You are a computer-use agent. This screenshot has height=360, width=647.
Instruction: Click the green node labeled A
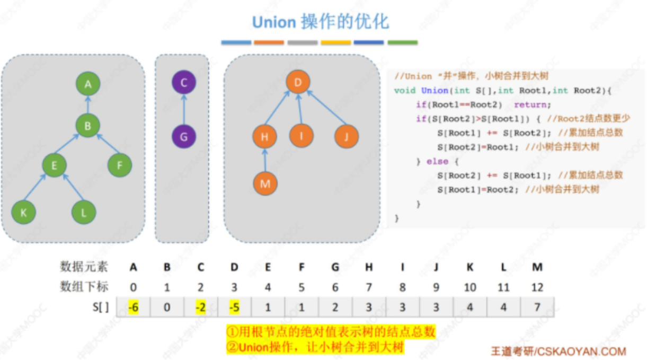click(x=88, y=84)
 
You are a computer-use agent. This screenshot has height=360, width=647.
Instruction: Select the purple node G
click(x=184, y=137)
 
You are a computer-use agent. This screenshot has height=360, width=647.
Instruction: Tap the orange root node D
click(x=298, y=82)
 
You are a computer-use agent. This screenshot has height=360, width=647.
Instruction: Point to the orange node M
click(x=265, y=183)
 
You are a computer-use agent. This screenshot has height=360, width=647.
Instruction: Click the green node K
click(x=24, y=213)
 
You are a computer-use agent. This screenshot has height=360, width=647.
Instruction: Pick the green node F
click(x=120, y=165)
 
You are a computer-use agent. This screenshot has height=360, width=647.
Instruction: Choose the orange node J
click(x=347, y=137)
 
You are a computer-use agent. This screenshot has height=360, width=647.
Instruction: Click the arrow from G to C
click(x=184, y=110)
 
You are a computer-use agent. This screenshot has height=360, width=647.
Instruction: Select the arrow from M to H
click(x=265, y=160)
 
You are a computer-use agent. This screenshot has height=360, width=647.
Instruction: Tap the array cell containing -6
click(x=133, y=307)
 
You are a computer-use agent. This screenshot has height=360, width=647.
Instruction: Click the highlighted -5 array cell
click(x=234, y=307)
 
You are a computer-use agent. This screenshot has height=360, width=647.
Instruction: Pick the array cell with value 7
click(x=537, y=307)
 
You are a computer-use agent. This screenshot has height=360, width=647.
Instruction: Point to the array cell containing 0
click(x=167, y=307)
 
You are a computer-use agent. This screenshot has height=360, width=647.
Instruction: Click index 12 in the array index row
click(x=537, y=287)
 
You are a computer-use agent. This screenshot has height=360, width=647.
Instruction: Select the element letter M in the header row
click(x=537, y=267)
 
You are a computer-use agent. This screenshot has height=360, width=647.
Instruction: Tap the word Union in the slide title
click(x=273, y=22)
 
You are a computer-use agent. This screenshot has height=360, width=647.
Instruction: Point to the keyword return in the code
click(x=533, y=104)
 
